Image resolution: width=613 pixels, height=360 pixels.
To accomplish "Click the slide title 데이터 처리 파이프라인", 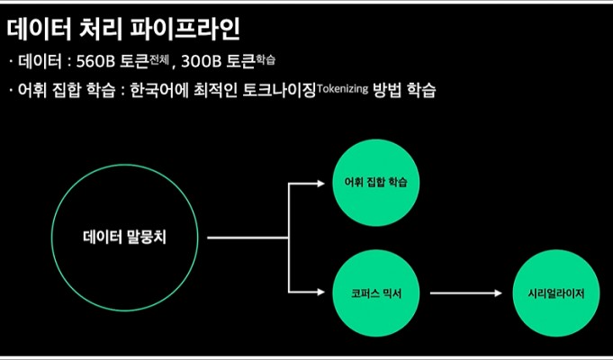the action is click(x=122, y=30).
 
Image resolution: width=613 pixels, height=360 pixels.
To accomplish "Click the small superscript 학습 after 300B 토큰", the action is click(x=266, y=59).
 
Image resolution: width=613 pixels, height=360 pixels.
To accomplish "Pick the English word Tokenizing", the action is click(x=342, y=88).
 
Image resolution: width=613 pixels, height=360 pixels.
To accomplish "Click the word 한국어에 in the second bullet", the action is click(x=158, y=91).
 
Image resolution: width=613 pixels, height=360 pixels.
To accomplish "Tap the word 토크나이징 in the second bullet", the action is click(x=279, y=91).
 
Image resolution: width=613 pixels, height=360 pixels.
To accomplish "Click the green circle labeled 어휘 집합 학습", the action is click(x=375, y=183).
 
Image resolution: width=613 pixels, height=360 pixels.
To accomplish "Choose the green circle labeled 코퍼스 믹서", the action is click(x=375, y=293).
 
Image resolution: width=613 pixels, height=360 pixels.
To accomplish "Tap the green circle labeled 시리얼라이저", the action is click(x=555, y=293).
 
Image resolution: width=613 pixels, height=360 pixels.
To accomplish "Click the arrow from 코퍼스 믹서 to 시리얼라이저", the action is click(x=466, y=292).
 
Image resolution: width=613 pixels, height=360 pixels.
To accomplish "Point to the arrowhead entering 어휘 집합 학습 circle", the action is click(x=320, y=183).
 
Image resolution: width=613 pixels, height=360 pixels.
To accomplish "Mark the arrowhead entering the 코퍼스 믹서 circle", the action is click(x=320, y=292).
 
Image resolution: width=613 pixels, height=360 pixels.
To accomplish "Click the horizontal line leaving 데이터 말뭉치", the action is click(x=248, y=238).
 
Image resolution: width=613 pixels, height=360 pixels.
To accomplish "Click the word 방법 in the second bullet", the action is click(x=387, y=91).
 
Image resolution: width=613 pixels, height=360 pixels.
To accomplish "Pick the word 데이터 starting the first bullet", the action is click(x=40, y=62).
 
